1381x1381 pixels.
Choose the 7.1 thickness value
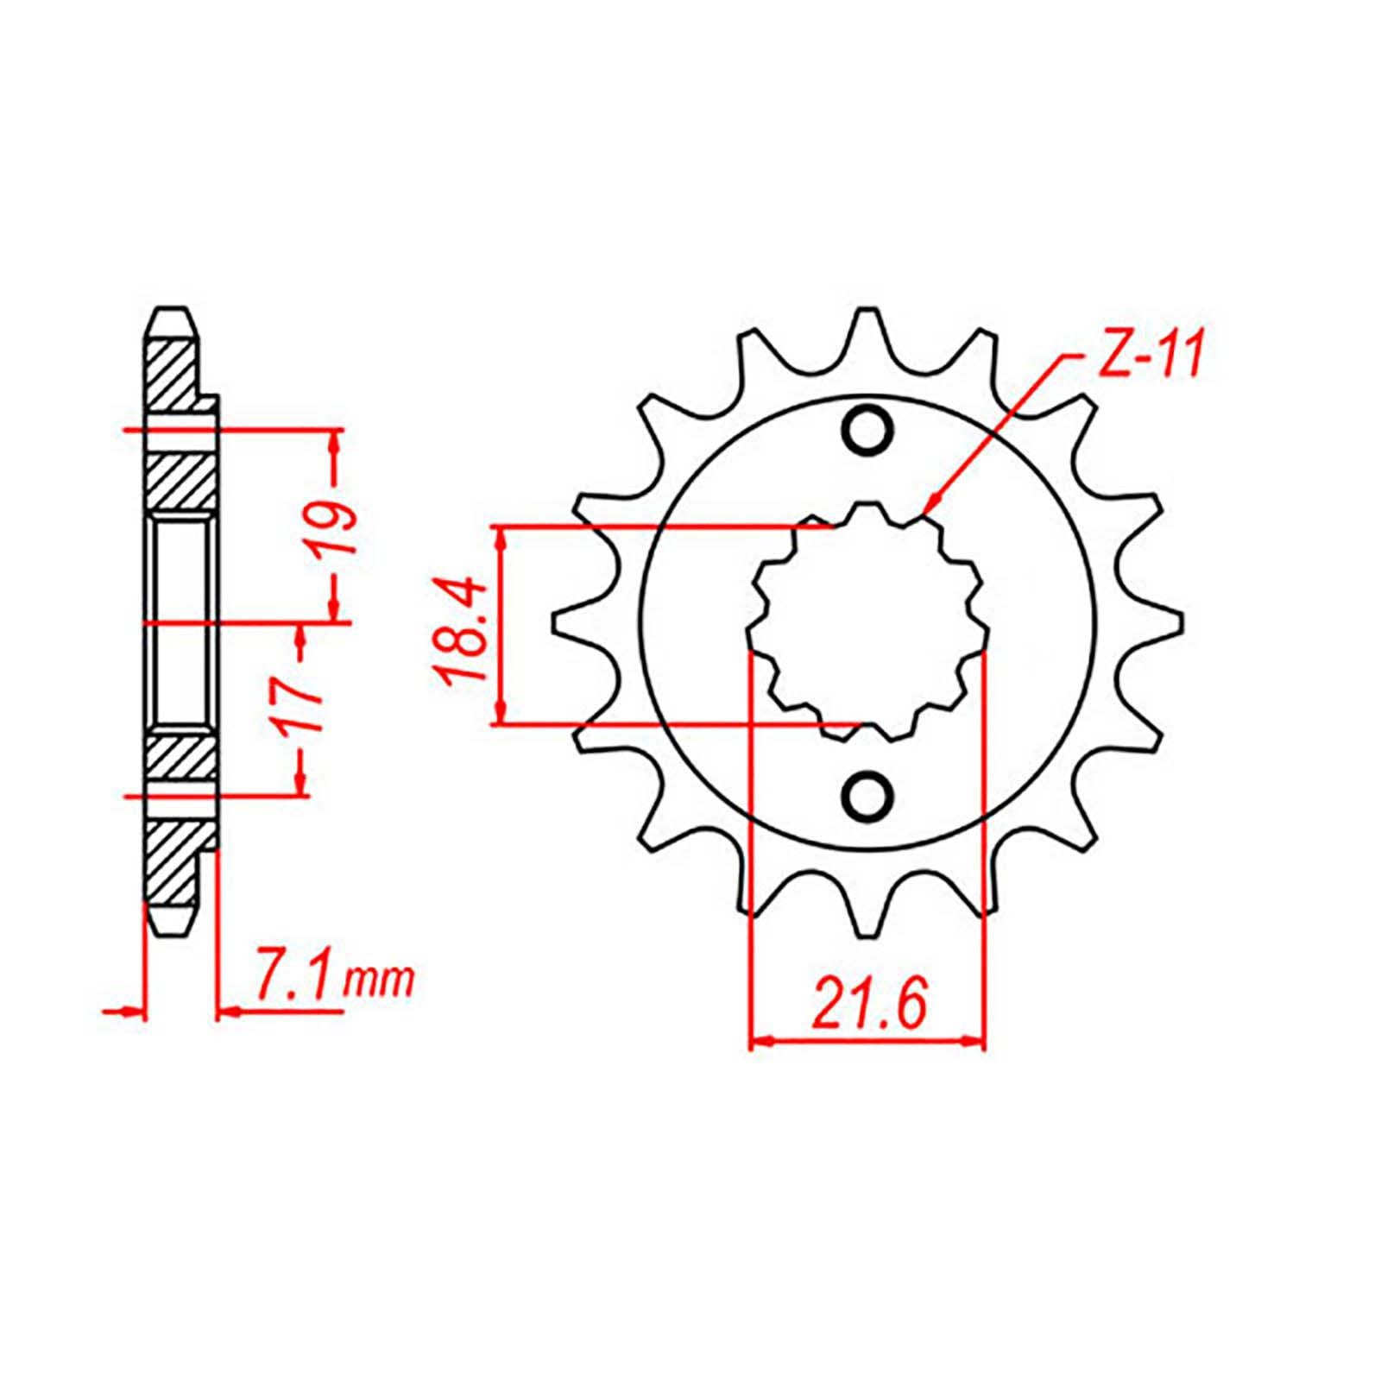(291, 980)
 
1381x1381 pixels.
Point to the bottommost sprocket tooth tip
(867, 935)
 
